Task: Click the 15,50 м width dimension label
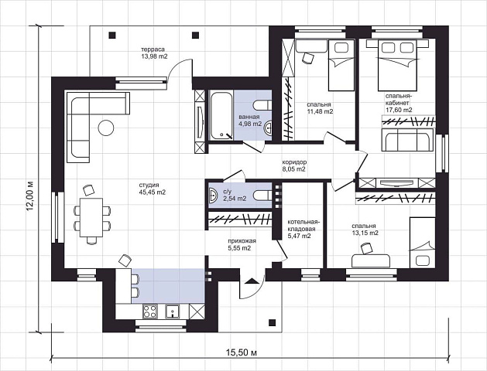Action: (242, 352)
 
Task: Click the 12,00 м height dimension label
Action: (30, 196)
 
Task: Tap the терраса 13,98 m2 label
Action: (154, 53)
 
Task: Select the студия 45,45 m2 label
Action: (153, 189)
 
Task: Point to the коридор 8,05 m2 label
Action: (293, 165)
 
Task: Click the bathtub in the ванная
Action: (221, 114)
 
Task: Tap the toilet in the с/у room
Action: (262, 196)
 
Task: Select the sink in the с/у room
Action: (213, 196)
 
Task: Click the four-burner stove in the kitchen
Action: (149, 311)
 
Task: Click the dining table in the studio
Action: (91, 217)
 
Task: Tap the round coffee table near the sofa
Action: (106, 128)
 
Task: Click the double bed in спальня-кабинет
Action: (397, 65)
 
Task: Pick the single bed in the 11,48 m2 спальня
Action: (341, 65)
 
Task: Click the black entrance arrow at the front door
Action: (252, 281)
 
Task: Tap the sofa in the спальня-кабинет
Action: (407, 140)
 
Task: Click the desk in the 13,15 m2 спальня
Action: (371, 260)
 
